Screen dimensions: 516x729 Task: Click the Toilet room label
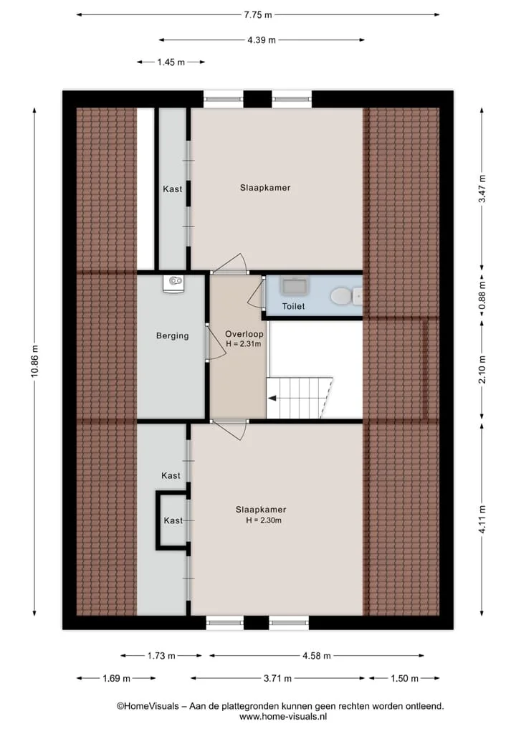293,306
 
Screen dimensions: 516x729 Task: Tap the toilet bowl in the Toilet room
341,296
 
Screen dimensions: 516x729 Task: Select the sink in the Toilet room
295,286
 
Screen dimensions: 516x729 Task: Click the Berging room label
173,335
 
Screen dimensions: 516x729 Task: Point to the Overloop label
244,334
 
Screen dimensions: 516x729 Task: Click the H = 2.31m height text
244,344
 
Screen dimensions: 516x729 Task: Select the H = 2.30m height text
264,520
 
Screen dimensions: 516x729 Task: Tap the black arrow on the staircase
272,398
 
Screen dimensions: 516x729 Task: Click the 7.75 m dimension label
258,15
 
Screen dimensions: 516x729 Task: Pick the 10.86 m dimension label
34,361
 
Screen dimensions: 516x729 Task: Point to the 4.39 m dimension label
262,40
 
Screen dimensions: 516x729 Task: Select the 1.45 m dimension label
171,62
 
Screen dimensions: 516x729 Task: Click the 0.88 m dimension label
482,296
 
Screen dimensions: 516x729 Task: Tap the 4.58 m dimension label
317,656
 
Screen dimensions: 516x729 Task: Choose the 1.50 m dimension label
404,678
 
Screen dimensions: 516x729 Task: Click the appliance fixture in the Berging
173,283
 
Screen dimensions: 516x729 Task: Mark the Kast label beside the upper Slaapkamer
173,189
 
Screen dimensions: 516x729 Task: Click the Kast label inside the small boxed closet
173,520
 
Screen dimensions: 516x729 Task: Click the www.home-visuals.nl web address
283,716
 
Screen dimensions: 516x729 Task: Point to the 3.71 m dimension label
277,678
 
